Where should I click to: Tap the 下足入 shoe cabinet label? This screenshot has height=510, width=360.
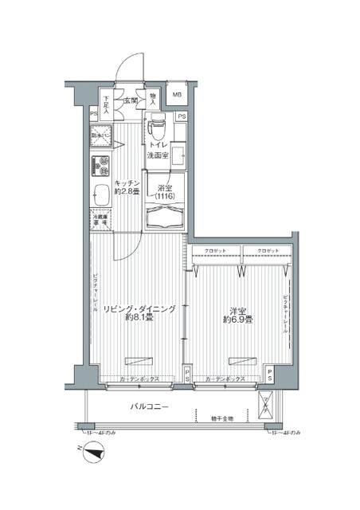105,105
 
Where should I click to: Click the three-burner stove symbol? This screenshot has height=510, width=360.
101,167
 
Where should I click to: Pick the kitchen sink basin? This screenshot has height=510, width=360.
101,194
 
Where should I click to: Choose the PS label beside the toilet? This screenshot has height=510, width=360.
182,118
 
